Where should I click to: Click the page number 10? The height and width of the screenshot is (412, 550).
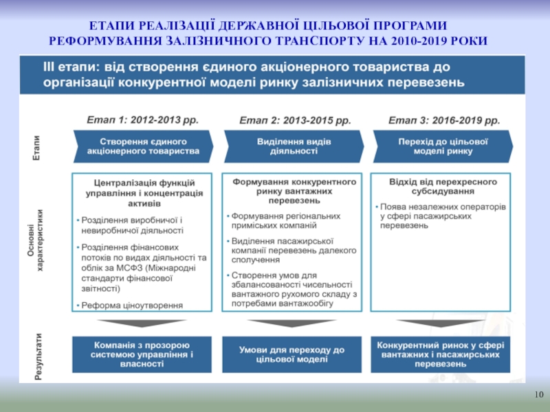[x=538, y=394]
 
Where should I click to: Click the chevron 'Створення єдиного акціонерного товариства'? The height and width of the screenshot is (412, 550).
[x=143, y=146]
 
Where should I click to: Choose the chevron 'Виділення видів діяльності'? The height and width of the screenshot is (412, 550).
[x=294, y=146]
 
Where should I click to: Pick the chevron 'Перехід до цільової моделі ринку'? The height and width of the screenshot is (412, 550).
[x=443, y=146]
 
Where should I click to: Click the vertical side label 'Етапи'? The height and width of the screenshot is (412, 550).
[x=36, y=146]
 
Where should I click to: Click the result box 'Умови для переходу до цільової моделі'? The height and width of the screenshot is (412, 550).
[x=291, y=354]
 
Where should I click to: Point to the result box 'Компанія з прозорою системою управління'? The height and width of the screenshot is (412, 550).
[x=143, y=354]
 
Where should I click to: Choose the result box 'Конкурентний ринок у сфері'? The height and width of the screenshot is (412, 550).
[x=441, y=354]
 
